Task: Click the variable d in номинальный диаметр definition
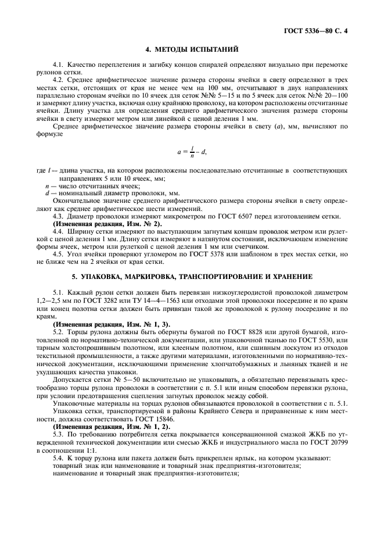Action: [47, 192]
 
